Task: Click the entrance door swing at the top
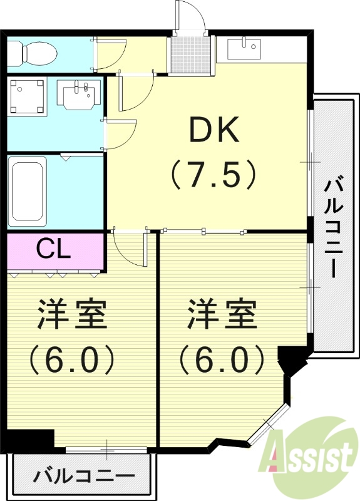pyautogui.click(x=189, y=16)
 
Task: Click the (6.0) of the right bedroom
pyautogui.click(x=223, y=359)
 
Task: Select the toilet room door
pyautogui.click(x=111, y=54)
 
